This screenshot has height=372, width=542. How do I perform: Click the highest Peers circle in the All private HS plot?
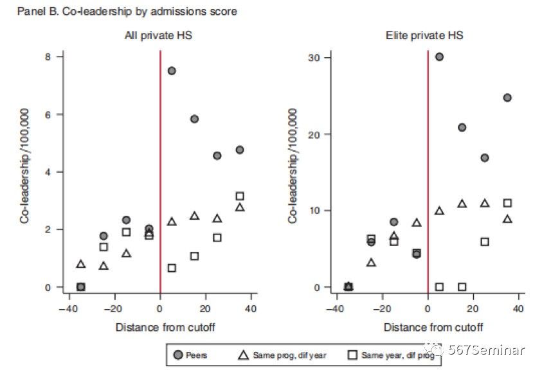pos(172,71)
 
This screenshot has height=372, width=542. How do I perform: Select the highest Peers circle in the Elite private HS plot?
pos(439,57)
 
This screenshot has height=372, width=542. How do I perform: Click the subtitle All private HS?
pos(158,36)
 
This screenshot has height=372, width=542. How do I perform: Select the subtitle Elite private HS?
pos(426,36)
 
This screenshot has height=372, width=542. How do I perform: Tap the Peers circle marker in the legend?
pos(178,355)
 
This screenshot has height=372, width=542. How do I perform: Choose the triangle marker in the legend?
pos(245,355)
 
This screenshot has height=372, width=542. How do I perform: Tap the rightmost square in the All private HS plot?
pos(240,196)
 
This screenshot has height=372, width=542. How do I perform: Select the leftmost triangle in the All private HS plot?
pos(81,264)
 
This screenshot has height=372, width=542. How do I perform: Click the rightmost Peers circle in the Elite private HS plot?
pos(507,98)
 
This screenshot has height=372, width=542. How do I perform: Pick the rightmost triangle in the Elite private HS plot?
pos(507,219)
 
